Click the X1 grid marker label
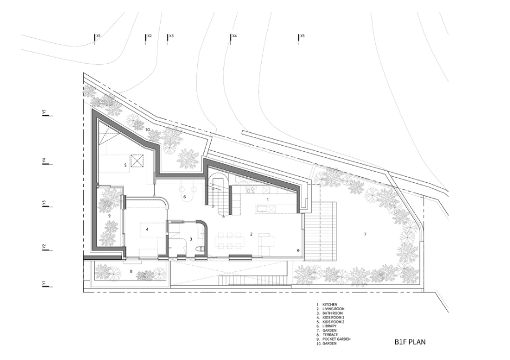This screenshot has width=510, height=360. pos(99,36)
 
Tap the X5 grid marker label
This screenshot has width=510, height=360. pos(303,36)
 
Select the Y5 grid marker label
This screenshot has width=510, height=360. pos(44,112)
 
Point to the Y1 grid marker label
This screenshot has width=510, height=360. pos(44,284)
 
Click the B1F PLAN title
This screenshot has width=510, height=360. pos(410,342)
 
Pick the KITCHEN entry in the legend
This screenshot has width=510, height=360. pos(330,305)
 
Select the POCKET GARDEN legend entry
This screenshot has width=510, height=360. pos(336,339)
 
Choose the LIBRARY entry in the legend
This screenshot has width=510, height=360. pos(329,326)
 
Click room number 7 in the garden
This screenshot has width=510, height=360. pos(365,234)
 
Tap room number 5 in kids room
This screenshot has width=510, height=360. pos(125,165)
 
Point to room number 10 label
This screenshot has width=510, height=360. pos(147,130)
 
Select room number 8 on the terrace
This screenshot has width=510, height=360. pos(131,271)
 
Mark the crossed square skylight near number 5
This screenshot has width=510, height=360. pos(137,161)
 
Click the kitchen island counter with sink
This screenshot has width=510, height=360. pos(265,209)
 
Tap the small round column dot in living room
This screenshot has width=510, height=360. pos(298,250)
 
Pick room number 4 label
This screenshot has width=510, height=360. pos(147,229)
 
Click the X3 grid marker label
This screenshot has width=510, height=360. pos(171,36)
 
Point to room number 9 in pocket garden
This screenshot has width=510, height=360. pos(109,215)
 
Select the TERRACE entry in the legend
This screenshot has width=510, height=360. pos(330,335)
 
